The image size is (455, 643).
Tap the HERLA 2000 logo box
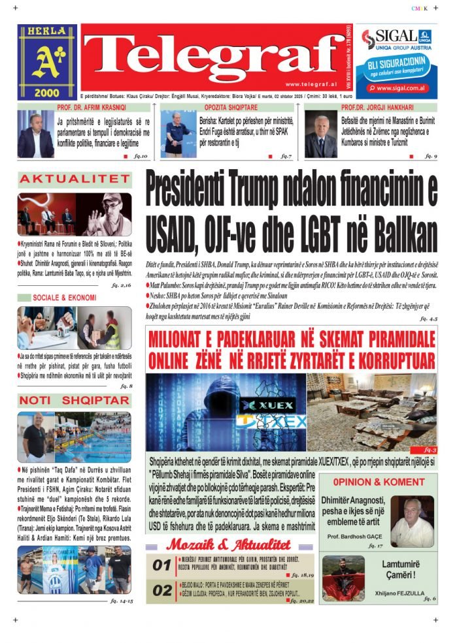47,62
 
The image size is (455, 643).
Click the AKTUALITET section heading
74,179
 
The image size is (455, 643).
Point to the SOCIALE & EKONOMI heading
65,298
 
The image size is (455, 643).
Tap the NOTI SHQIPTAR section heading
74,400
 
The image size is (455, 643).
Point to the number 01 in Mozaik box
161,566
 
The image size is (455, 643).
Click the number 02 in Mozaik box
161,591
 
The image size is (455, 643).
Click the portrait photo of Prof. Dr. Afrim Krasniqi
36,134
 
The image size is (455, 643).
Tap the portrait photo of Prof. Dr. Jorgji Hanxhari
321,134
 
